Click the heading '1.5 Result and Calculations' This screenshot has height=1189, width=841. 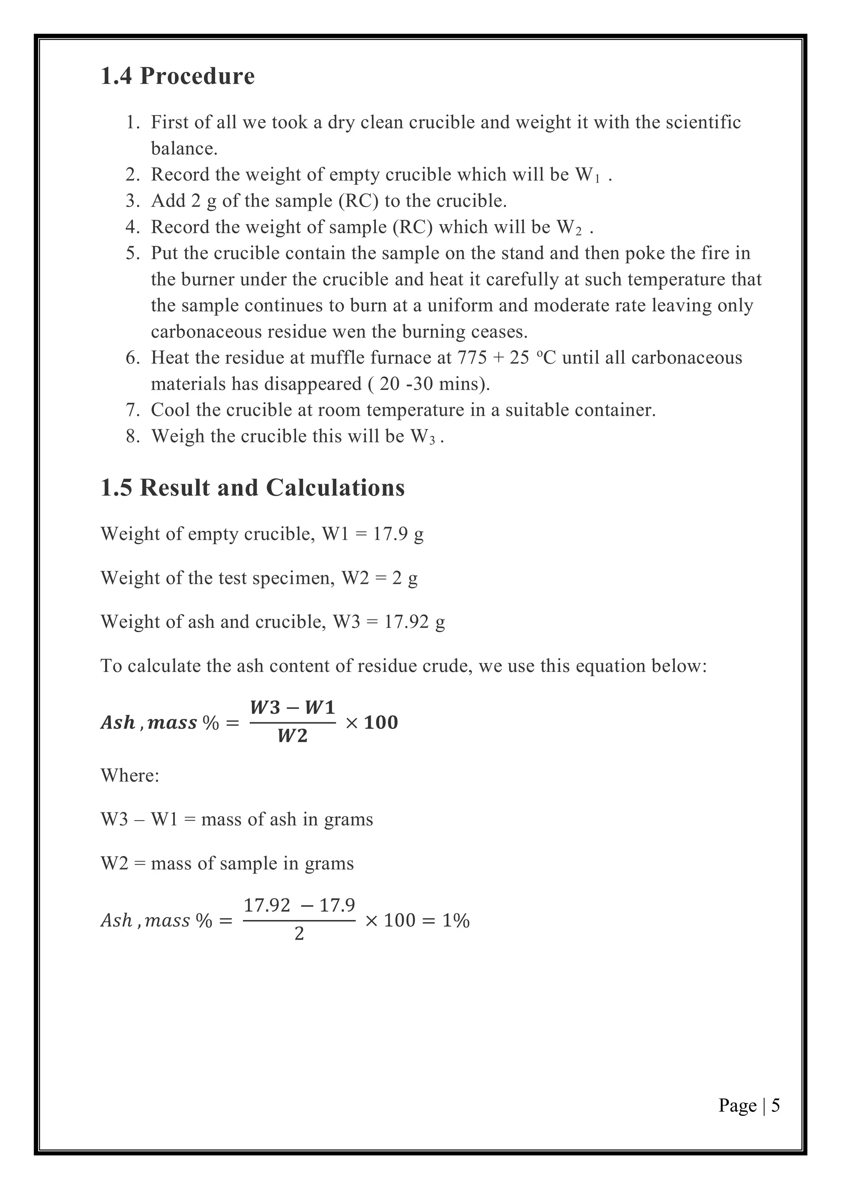(x=252, y=488)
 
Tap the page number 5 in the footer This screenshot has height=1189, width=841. (x=775, y=1106)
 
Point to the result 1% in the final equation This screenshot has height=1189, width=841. (x=456, y=920)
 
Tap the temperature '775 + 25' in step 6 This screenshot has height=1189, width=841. (x=493, y=358)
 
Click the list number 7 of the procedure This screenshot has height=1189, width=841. (x=133, y=410)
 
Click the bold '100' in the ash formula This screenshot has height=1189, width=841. (x=381, y=722)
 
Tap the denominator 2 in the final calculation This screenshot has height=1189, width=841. (x=299, y=934)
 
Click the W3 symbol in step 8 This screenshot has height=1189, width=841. (x=423, y=437)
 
